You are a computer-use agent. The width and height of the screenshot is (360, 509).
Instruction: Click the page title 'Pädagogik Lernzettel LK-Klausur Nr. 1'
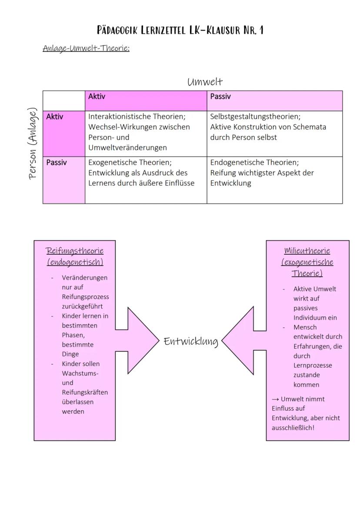pos(180,30)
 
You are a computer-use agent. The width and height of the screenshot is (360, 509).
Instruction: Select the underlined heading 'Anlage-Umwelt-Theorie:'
pos(86,48)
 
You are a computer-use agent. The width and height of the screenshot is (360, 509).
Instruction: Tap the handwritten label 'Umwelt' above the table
pos(205,82)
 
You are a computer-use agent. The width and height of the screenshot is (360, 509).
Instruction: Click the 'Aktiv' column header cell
pos(146,101)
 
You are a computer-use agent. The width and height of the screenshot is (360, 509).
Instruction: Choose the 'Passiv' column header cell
pos(274,101)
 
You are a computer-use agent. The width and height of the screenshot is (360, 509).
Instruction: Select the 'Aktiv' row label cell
pos(63,133)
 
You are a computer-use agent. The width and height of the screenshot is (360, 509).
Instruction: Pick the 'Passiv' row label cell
pos(63,180)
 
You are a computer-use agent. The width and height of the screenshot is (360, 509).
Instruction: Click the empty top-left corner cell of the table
pos(63,101)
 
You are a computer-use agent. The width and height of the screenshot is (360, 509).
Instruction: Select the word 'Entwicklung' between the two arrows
pos(191,341)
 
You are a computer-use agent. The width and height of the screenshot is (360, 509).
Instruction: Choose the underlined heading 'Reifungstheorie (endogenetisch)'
pos(75,256)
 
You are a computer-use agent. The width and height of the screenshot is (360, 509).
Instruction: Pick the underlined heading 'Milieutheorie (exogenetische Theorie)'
pos(307,262)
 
